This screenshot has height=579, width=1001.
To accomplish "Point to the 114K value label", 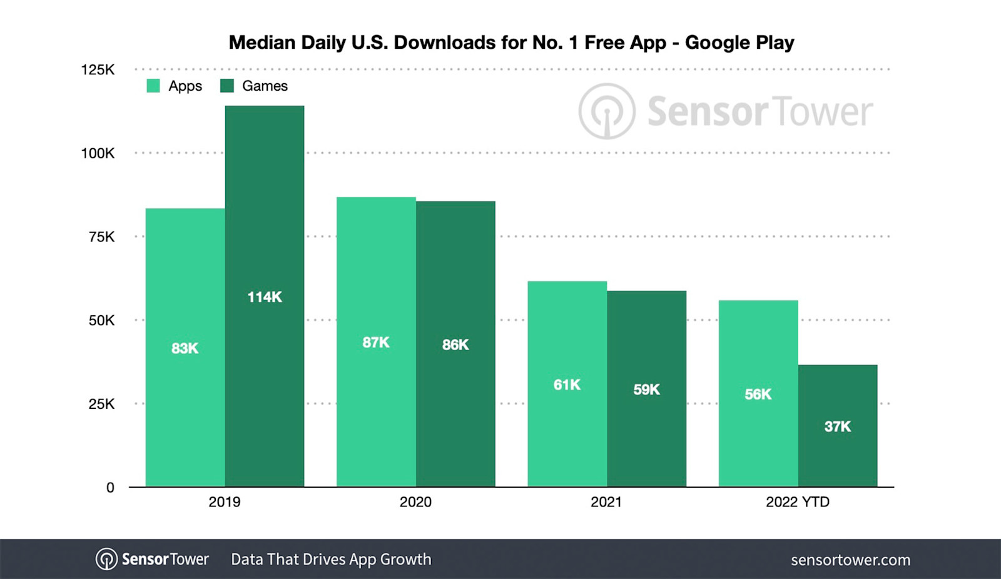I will click(x=265, y=297).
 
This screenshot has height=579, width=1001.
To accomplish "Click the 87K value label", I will click(x=376, y=343).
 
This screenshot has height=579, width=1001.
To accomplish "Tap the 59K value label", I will click(x=646, y=390).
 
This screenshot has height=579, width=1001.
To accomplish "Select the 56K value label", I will click(x=758, y=395).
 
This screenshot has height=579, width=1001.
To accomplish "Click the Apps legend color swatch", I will click(x=153, y=86).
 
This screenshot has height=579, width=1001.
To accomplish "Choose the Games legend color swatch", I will click(x=227, y=86).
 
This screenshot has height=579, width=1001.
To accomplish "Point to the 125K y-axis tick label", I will click(x=98, y=69).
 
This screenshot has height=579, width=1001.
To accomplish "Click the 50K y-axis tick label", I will click(x=101, y=321).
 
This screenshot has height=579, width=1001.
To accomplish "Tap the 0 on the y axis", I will click(x=110, y=488).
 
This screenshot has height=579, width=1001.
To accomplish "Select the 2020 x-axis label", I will click(x=415, y=502).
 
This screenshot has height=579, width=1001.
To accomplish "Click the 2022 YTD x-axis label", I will click(x=798, y=502).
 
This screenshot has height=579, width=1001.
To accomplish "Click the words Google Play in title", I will click(x=739, y=43).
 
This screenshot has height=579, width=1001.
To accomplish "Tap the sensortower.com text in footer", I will click(x=850, y=560).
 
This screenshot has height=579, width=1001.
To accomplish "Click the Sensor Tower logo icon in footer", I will click(x=106, y=559).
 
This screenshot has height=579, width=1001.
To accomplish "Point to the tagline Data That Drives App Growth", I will click(x=331, y=560).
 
